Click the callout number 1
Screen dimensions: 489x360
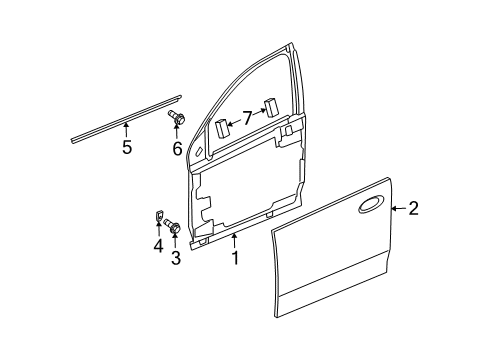(x=235, y=258)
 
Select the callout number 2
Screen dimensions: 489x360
(x=413, y=208)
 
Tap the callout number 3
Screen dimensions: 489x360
(x=176, y=258)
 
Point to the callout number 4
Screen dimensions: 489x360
(x=159, y=246)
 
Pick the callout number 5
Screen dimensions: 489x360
(x=127, y=147)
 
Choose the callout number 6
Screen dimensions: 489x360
(x=177, y=148)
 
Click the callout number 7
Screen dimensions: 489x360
(x=247, y=118)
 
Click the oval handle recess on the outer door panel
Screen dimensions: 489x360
(x=370, y=204)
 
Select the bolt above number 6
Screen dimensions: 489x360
(x=176, y=117)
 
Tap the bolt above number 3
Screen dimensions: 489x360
(x=172, y=225)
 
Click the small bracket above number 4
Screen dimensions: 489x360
(x=159, y=215)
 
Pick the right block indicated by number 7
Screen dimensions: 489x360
(x=271, y=107)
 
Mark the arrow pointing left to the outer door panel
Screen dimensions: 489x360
(x=399, y=209)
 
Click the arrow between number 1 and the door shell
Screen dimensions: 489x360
(x=235, y=241)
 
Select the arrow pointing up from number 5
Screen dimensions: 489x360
(x=126, y=130)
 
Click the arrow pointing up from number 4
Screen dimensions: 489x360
(x=159, y=229)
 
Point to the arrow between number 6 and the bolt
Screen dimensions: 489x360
(x=176, y=132)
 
